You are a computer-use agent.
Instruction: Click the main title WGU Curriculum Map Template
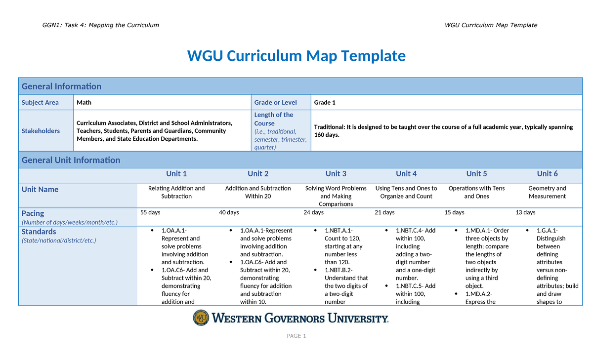[x=296, y=56]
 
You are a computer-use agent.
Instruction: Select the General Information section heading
[x=61, y=86]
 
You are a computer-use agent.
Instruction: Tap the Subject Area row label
[x=40, y=103]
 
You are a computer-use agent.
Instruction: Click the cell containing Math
[x=84, y=103]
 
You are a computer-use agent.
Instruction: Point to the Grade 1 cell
[x=325, y=103]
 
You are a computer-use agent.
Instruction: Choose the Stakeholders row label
[x=41, y=131]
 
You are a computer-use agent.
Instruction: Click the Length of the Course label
[x=274, y=119]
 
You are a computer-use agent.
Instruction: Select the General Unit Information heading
[x=71, y=160]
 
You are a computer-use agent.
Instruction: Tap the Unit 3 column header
[x=336, y=174]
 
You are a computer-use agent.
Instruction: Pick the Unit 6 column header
[x=548, y=174]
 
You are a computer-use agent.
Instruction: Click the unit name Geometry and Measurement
[x=547, y=192]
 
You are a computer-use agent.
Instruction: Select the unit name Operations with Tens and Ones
[x=476, y=192]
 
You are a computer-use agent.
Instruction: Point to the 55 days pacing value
[x=150, y=213]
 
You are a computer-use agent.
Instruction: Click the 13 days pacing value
[x=525, y=213]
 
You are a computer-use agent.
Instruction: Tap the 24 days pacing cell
[x=313, y=213]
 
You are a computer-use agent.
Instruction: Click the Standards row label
[x=39, y=232]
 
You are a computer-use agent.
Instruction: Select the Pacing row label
[x=33, y=213]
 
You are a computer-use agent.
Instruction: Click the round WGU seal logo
[x=201, y=318]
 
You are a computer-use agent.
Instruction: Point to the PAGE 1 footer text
[x=296, y=336]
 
